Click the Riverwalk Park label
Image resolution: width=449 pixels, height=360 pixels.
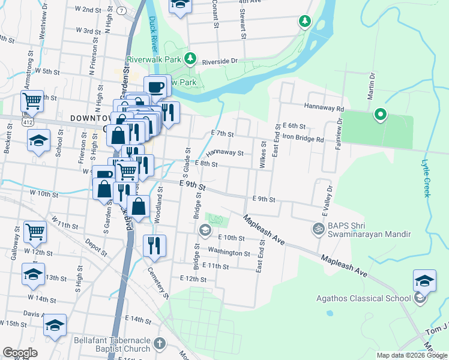(154, 60)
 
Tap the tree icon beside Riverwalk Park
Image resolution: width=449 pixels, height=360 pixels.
(190, 58)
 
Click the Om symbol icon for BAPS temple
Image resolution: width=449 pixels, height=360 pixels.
(316, 228)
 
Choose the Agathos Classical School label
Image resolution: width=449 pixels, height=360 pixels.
(364, 298)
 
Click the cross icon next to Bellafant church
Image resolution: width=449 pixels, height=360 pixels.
(159, 344)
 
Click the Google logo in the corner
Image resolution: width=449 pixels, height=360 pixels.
(20, 353)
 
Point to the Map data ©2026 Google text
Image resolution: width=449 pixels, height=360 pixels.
(412, 355)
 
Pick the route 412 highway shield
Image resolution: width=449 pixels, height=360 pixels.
(28, 121)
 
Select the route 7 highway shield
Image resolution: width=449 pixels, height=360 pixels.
(122, 11)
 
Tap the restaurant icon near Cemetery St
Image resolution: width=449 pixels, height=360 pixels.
(154, 246)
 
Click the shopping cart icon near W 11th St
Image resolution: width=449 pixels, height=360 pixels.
(35, 232)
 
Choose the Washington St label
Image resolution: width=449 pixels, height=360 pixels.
(229, 253)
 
